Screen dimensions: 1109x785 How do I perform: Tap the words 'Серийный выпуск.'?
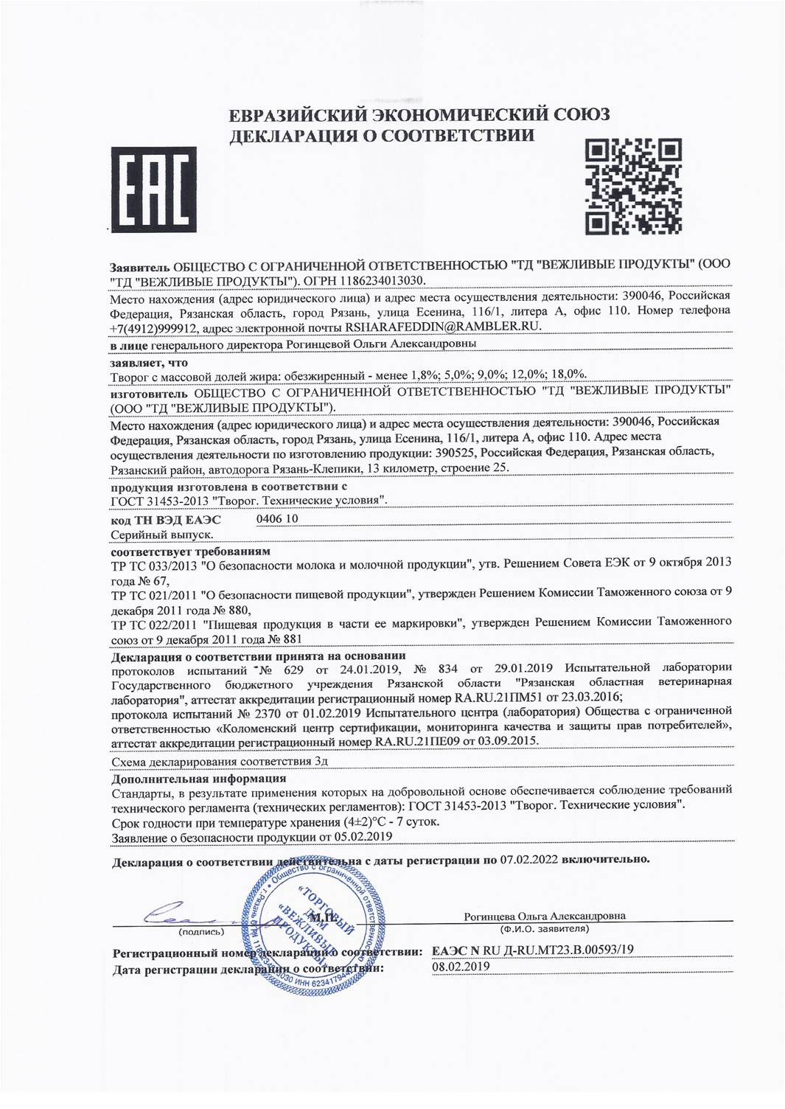[163, 534]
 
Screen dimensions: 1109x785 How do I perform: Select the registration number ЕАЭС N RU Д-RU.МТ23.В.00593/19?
[532, 950]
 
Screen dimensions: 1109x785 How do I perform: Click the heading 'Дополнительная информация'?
[198, 778]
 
